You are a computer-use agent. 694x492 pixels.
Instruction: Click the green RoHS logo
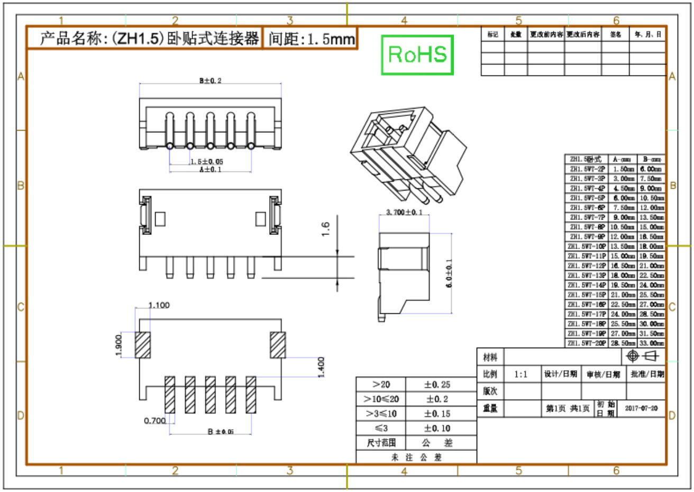pos(417,54)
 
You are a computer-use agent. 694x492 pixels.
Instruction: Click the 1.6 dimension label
pos(325,229)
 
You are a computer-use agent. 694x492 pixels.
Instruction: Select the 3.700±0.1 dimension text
pos(404,212)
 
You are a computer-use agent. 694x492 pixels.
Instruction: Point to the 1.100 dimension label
pos(159,305)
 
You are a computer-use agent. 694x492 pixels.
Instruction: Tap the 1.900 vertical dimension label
pos(118,345)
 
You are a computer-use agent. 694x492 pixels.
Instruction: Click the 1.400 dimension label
pos(321,367)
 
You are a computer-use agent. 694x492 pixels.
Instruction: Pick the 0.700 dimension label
pos(154,421)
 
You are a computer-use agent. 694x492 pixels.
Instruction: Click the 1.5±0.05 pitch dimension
pos(207,162)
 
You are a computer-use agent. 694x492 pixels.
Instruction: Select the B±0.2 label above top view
pos(210,81)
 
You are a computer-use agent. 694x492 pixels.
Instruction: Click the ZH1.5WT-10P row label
pos(587,247)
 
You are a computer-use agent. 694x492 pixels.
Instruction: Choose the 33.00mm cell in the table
pos(651,343)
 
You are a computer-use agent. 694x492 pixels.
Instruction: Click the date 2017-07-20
pos(641,408)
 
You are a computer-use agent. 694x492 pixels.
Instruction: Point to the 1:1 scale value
pos(520,375)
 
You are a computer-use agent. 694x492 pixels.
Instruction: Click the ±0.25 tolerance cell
pos(437,385)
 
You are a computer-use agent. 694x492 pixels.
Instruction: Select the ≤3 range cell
pos(381,428)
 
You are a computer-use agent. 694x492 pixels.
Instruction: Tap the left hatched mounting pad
pos(143,345)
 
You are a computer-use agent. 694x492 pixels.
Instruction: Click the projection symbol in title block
pos(642,356)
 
